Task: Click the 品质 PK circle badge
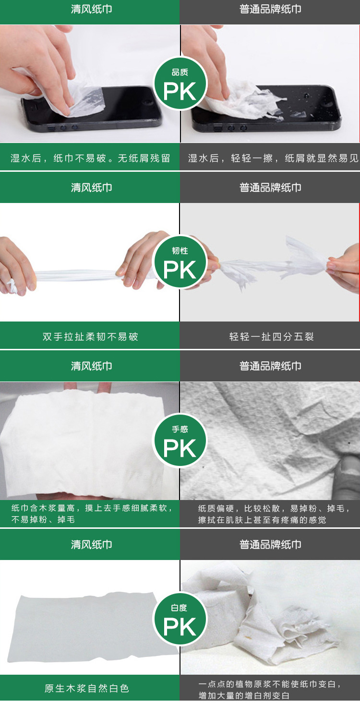pos(180,83)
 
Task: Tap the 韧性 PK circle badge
pos(180,262)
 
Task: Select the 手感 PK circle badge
pos(180,441)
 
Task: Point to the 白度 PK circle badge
pos(180,619)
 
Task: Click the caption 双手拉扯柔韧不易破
pos(90,337)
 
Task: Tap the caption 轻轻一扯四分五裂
pos(272,337)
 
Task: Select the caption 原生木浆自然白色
pos(87,688)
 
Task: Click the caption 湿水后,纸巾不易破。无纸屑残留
pos(90,158)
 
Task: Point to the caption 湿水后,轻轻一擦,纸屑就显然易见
pos(273,158)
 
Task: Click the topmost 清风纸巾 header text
pos(92,9)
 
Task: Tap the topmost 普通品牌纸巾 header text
pos(270,9)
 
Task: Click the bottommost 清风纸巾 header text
pos(92,545)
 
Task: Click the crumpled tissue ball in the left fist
pos(12,286)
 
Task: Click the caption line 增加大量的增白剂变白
pos(244,695)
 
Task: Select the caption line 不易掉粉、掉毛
pos(43,520)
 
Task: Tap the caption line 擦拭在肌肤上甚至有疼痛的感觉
pos(262,520)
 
